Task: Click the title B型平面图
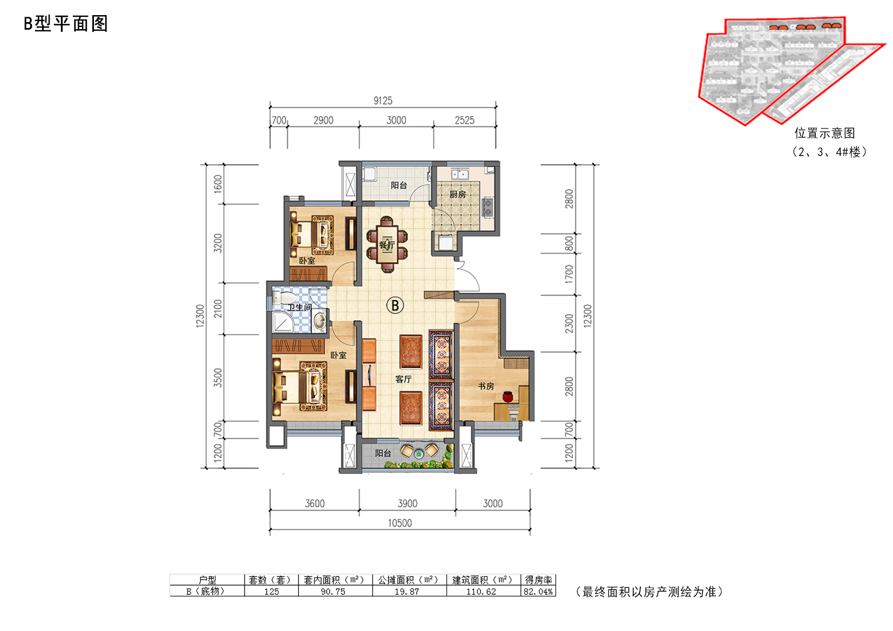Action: pyautogui.click(x=66, y=24)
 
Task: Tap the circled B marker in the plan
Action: pyautogui.click(x=395, y=306)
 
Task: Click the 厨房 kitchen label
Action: pyautogui.click(x=457, y=194)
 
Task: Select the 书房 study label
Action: pyautogui.click(x=486, y=386)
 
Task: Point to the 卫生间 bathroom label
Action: pyautogui.click(x=300, y=307)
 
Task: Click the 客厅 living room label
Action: pyautogui.click(x=403, y=379)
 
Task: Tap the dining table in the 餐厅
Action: pyautogui.click(x=387, y=245)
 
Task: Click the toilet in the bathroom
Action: pyautogui.click(x=283, y=297)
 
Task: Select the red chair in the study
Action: pyautogui.click(x=508, y=397)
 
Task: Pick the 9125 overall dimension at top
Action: pyautogui.click(x=383, y=100)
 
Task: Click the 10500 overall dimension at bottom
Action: pyautogui.click(x=400, y=523)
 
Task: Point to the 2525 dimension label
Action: pyautogui.click(x=464, y=120)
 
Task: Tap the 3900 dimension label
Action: pyautogui.click(x=407, y=503)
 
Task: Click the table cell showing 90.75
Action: pyautogui.click(x=333, y=592)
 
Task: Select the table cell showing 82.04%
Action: pyautogui.click(x=538, y=592)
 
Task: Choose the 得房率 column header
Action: pyautogui.click(x=538, y=580)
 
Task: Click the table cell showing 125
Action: pyautogui.click(x=272, y=592)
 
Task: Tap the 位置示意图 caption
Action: pyautogui.click(x=824, y=133)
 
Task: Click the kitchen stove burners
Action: pyautogui.click(x=488, y=207)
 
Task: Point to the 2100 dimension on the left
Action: pyautogui.click(x=218, y=309)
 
